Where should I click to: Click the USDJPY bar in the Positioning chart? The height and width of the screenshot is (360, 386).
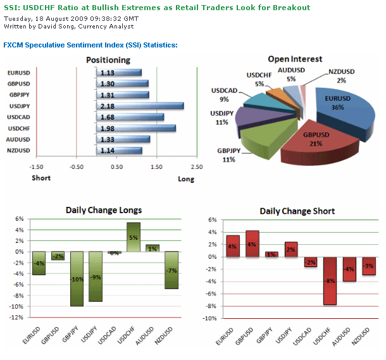coord(140,106)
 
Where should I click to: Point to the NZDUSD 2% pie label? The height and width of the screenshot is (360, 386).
coord(341,77)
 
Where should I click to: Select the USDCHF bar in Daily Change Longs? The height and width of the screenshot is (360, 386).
coord(134,237)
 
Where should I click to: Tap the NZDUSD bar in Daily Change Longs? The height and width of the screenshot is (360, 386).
coord(171,270)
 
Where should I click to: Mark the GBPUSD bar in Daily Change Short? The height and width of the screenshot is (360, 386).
coord(252,244)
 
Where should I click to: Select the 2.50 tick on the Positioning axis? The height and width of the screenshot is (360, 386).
coord(197,167)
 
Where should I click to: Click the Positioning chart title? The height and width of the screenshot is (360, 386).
coord(108,60)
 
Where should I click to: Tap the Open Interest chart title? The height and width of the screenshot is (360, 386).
coord(295,59)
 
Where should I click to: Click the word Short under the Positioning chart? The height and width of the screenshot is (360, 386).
coord(41,178)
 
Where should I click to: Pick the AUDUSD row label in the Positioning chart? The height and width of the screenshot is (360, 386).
coord(18,139)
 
